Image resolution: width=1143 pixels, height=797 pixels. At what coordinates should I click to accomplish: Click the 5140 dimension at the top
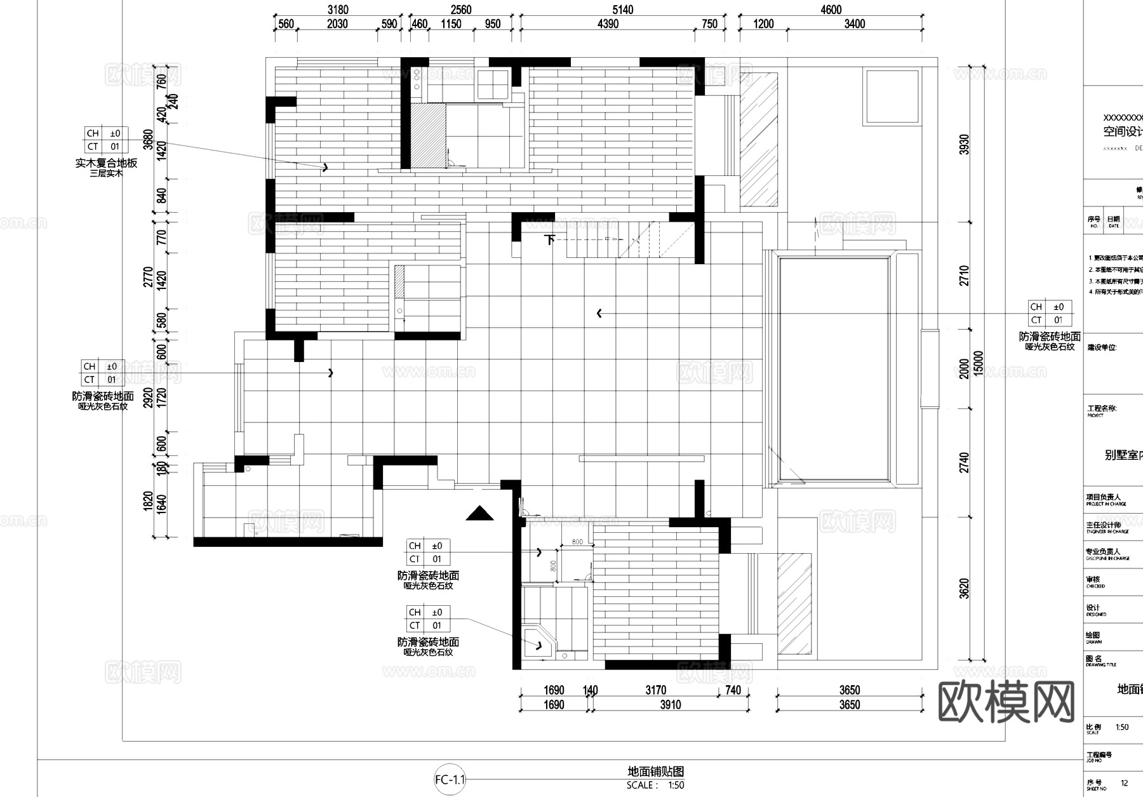[622, 10]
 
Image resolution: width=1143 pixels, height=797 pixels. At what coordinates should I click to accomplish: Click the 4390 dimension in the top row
[608, 24]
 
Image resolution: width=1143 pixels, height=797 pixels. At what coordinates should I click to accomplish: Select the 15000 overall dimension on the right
[979, 363]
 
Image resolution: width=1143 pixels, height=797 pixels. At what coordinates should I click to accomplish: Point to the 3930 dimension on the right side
[965, 144]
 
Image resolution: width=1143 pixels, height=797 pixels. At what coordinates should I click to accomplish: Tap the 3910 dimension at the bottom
[670, 705]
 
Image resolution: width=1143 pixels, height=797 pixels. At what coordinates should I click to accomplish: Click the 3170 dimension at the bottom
[655, 690]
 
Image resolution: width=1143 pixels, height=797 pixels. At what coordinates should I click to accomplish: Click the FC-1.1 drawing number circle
[450, 780]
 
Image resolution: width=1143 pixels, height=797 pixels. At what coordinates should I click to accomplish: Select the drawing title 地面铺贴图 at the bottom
[655, 772]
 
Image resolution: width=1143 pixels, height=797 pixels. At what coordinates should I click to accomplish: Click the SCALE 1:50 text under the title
[655, 786]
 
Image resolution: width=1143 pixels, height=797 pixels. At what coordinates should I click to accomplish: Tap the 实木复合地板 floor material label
[106, 163]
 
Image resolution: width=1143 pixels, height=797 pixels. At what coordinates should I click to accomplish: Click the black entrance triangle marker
[479, 513]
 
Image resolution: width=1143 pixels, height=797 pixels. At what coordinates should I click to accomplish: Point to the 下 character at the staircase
[550, 240]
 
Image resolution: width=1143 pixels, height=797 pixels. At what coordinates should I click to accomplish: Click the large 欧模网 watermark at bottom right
[1006, 702]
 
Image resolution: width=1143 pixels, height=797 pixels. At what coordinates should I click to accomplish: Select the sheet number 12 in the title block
[1125, 783]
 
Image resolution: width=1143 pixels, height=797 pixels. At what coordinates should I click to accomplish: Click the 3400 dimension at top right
[854, 24]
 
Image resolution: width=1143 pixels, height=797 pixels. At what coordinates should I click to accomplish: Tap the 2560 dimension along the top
[461, 10]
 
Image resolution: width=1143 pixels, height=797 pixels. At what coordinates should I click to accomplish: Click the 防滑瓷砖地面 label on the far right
[1050, 337]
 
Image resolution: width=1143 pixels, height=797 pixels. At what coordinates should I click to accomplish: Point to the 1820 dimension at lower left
[148, 501]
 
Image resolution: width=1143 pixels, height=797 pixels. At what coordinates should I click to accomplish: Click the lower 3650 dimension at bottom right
[849, 705]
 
